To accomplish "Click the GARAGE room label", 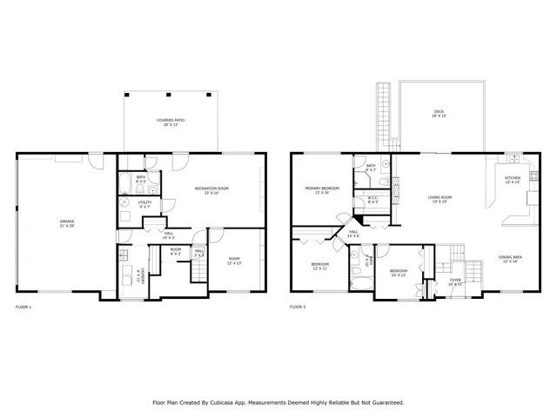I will coord(66,223).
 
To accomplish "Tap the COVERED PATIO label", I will coord(171,122).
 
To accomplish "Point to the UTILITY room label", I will coord(144,205).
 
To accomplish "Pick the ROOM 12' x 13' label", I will coord(234,260).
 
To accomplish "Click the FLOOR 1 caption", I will coord(23,308).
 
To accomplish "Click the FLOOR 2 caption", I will coord(298,308).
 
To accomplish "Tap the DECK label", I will coord(440,114).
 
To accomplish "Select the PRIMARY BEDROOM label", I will coord(322,189).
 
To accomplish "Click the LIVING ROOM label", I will coord(440,199).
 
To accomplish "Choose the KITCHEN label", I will coord(513,180).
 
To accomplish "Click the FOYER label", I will coord(455,281).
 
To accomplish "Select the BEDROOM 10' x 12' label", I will coord(398,273).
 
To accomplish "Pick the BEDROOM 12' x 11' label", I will coord(320,266).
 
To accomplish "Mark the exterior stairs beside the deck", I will coord(383,117).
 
